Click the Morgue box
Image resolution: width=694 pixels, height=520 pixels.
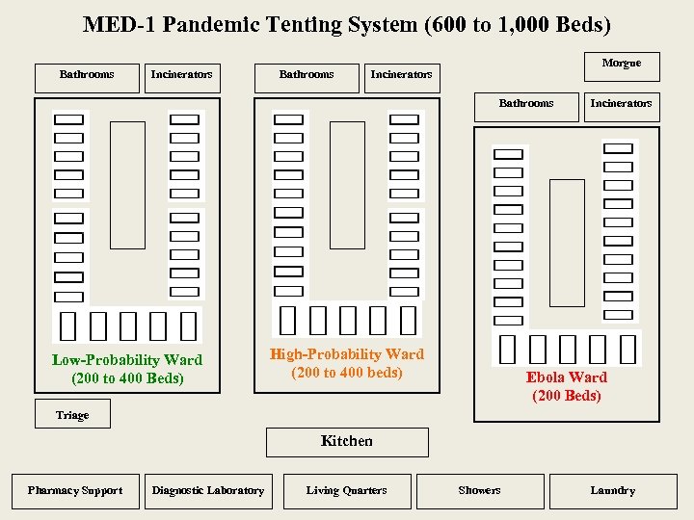[x=622, y=65]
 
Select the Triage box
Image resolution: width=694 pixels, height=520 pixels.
[x=72, y=414]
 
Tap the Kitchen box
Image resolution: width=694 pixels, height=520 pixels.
[x=347, y=441]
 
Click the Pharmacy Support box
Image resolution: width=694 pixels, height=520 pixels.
[x=75, y=491]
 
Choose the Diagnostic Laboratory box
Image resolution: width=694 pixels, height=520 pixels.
[x=208, y=491]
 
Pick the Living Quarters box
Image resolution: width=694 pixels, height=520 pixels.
[x=347, y=491]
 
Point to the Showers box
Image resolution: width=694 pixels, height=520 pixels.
[x=480, y=491]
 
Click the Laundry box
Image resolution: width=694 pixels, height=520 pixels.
[x=613, y=491]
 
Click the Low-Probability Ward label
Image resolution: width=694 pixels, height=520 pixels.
[x=127, y=360]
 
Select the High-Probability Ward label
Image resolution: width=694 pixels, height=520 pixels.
[x=347, y=354]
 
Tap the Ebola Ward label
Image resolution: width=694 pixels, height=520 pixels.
[x=567, y=377]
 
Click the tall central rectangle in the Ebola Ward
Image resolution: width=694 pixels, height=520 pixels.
[x=567, y=243]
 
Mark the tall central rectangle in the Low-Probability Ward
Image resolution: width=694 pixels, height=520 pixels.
[x=127, y=185]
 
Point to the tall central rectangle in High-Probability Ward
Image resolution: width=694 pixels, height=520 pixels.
[x=347, y=185]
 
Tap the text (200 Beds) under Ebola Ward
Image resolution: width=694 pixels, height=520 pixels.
[x=567, y=396]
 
